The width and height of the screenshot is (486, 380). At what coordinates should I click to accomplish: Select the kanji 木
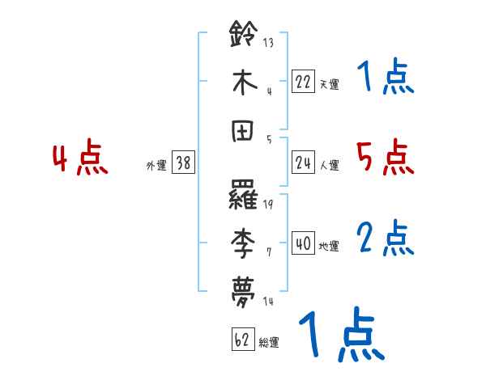click(x=245, y=82)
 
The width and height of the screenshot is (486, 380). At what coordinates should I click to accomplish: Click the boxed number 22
click(x=303, y=82)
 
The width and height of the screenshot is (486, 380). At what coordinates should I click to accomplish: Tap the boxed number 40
click(x=303, y=243)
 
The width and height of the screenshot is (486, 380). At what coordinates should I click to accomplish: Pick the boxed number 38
click(x=183, y=163)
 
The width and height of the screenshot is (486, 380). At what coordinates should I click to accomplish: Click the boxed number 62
click(x=242, y=340)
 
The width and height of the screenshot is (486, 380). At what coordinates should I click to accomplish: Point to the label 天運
click(x=329, y=84)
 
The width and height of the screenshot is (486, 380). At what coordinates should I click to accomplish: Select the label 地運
click(x=329, y=246)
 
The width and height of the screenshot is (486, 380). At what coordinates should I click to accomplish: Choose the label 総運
click(x=269, y=342)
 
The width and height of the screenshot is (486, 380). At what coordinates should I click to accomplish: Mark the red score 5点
click(x=385, y=157)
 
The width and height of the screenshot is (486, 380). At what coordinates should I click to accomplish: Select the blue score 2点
click(x=385, y=238)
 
